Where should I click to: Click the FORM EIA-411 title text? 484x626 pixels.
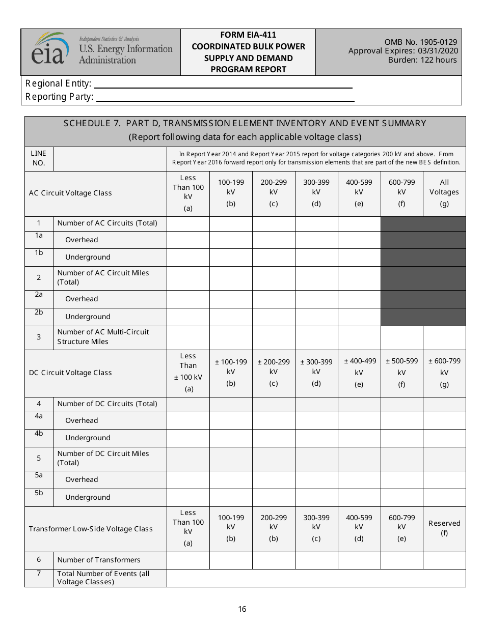pos(248,35)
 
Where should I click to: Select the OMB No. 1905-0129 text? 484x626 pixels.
pos(421,42)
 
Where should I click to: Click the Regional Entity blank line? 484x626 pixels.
pos(223,84)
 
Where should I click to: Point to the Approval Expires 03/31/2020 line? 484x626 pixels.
pos(403,51)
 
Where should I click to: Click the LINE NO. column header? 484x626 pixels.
pos(39,158)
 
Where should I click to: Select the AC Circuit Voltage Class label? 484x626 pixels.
pos(70,193)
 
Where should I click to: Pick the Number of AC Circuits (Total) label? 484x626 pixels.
pos(107,223)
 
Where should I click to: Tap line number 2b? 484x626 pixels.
pos(39,312)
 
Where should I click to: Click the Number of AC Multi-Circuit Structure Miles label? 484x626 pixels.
pos(103,336)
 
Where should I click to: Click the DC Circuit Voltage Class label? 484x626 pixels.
pos(70,373)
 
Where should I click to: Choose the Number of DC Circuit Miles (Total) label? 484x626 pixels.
pos(103,458)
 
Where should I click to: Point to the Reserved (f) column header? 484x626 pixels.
pos(444,528)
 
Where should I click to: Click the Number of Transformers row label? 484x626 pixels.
pos(99,560)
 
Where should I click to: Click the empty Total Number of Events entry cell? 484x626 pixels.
pos(316,578)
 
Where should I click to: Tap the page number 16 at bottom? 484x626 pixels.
pos(242,609)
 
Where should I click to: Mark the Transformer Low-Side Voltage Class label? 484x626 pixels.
pos(91,529)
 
